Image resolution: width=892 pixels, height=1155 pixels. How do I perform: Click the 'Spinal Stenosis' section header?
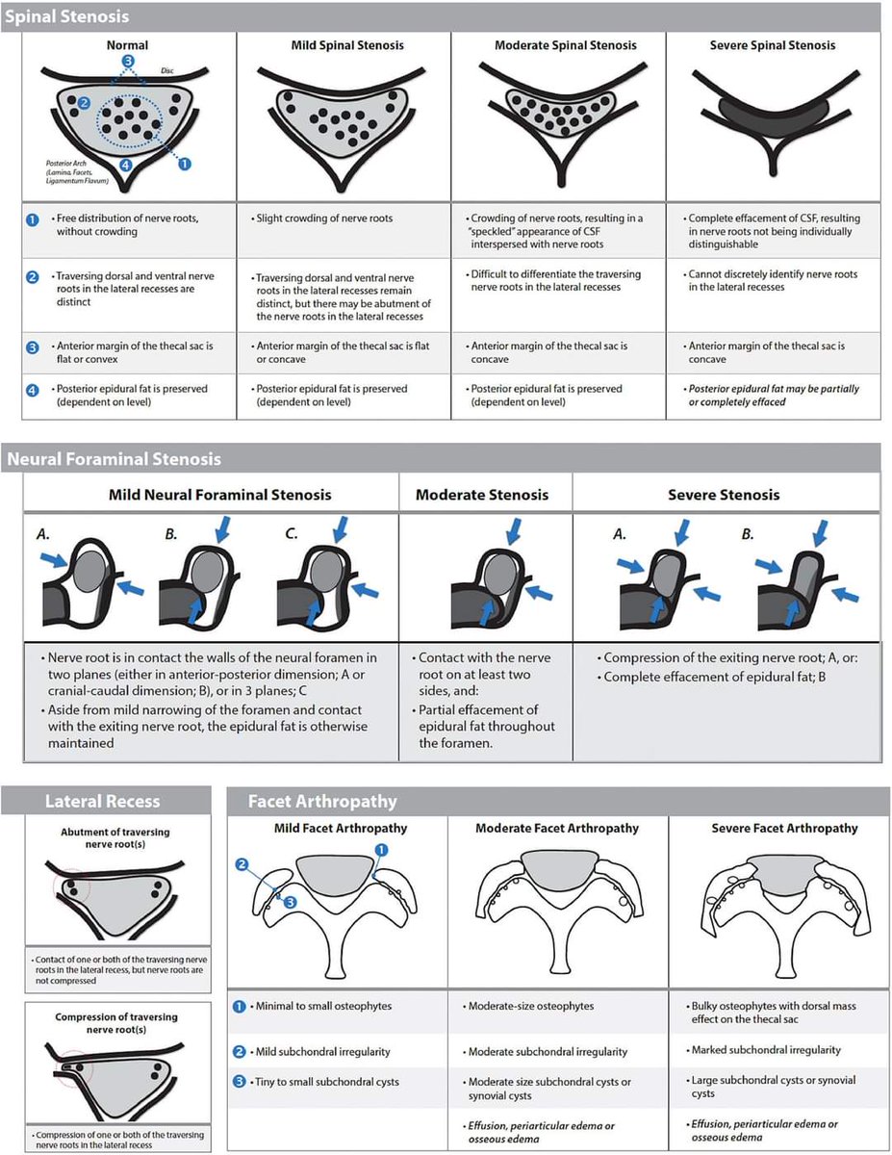67,16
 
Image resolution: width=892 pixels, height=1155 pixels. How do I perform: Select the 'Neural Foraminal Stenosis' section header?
114,459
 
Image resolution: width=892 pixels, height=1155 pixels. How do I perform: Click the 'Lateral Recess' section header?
102,801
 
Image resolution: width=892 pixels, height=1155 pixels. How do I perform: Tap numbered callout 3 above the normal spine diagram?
127,61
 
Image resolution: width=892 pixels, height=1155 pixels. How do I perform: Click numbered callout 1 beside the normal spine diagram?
186,164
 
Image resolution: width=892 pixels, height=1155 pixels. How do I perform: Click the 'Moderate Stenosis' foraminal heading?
482,495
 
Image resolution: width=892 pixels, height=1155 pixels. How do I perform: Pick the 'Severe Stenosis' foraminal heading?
724,495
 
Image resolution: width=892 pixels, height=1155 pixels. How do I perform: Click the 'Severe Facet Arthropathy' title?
784,828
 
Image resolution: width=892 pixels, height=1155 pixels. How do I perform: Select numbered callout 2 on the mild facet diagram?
242,863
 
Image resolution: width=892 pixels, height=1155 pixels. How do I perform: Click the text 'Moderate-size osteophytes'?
530,1006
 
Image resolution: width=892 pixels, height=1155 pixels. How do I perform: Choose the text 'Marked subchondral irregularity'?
766,1049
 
